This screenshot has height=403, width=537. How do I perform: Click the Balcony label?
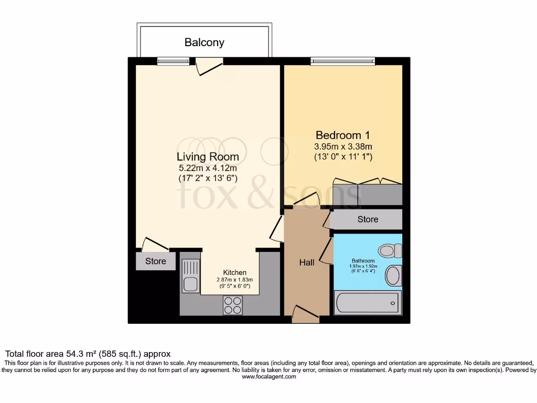tap(204, 43)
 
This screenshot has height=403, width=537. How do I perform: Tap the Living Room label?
tap(208, 156)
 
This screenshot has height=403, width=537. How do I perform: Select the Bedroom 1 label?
tap(339, 135)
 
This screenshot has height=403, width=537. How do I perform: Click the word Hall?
tap(307, 262)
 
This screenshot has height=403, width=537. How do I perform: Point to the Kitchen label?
tap(235, 272)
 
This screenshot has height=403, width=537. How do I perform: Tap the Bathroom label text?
tap(363, 261)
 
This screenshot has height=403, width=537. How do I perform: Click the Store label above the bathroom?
tap(368, 219)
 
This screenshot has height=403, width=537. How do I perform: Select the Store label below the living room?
tap(156, 261)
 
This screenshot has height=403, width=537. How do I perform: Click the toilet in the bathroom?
tap(390, 251)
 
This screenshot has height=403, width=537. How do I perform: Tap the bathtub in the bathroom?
tap(368, 303)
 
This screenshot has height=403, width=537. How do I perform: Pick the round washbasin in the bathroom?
tap(393, 275)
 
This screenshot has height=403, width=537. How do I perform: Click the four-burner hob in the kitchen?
tap(233, 305)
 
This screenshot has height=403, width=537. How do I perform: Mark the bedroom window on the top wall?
tap(343, 61)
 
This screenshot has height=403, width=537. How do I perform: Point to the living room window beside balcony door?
tap(173, 61)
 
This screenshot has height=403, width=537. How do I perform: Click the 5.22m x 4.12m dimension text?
tap(208, 168)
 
